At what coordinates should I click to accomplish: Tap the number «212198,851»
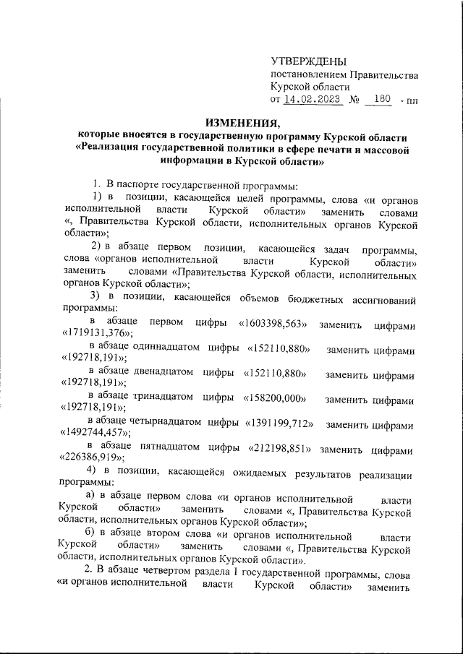click(280, 449)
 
